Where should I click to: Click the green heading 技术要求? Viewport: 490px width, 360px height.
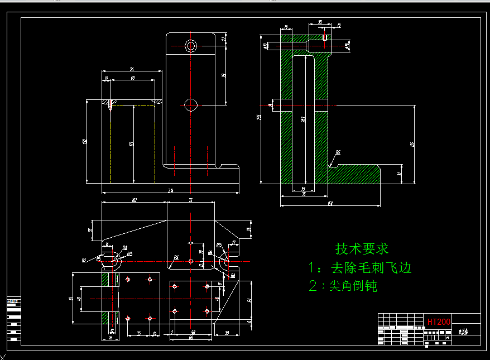tap(361, 248)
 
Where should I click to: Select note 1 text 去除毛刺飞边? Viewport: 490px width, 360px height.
tap(371, 268)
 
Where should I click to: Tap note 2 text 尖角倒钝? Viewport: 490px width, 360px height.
tap(353, 286)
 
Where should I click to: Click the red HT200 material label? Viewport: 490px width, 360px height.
tap(439, 321)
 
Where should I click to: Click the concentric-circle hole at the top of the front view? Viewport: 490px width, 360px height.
tap(191, 46)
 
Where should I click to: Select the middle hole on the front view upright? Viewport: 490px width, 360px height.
tap(191, 104)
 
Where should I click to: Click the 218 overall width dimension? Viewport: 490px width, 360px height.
tap(170, 190)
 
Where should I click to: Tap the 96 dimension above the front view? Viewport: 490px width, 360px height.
tap(132, 69)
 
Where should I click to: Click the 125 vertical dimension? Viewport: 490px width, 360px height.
tap(412, 144)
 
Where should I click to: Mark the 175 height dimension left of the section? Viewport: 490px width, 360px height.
tap(258, 117)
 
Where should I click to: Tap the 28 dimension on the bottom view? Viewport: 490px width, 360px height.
tap(248, 228)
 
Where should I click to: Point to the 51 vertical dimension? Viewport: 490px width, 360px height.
tap(248, 300)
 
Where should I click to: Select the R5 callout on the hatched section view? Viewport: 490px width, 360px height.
tap(338, 152)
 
